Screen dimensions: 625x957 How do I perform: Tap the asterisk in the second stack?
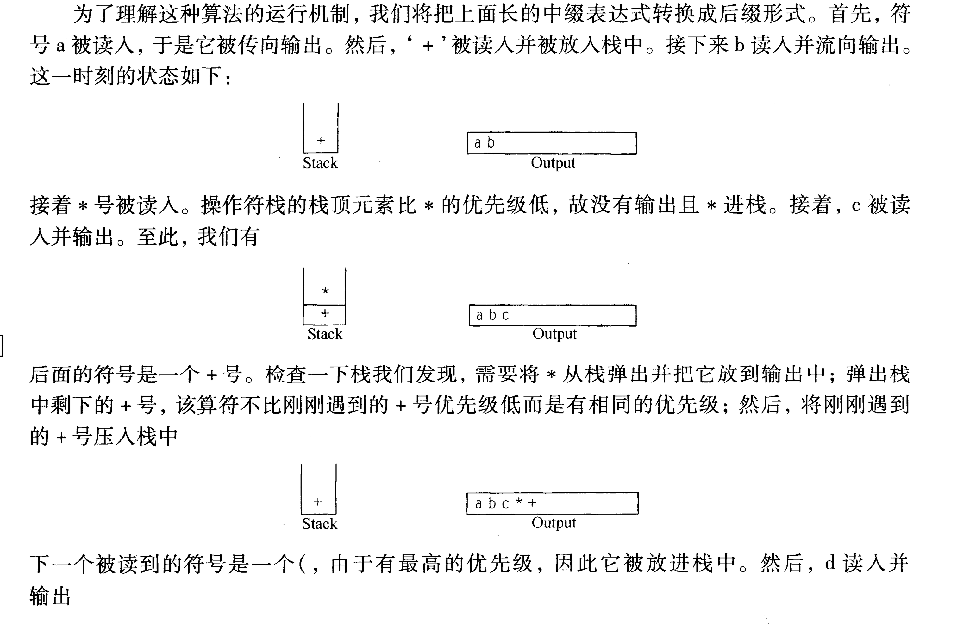(325, 290)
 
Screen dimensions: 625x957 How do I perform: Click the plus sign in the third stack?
(318, 502)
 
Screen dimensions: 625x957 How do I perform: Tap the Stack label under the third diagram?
(319, 524)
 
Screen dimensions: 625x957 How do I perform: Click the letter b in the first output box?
(491, 143)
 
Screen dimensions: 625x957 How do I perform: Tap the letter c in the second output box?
(505, 315)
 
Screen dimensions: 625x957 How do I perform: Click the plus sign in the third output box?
(532, 503)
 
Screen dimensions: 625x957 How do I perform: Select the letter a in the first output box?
(478, 143)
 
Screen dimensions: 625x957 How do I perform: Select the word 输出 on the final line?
(50, 596)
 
